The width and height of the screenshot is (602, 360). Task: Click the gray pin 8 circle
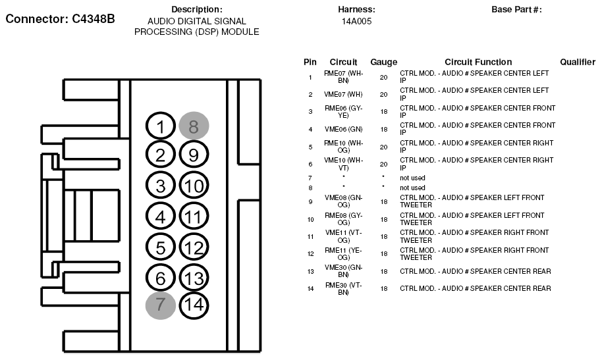tap(193, 126)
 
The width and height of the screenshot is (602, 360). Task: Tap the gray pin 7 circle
tap(161, 304)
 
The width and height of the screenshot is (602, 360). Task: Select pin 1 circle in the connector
tap(161, 126)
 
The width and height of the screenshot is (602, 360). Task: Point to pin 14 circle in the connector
tap(193, 304)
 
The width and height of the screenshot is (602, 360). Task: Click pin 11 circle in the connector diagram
tap(193, 215)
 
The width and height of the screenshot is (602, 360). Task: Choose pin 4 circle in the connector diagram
tap(161, 215)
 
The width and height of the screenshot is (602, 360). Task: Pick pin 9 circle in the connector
tap(193, 155)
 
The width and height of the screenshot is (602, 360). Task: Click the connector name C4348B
tap(61, 18)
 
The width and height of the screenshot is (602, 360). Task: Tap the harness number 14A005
tap(356, 21)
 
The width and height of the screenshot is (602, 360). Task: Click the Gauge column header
tap(383, 62)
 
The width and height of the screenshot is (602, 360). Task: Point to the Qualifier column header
tap(578, 62)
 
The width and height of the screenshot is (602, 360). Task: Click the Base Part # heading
tap(516, 10)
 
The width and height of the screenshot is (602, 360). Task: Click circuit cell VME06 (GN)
tap(343, 129)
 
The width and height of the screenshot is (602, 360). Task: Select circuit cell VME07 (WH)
tap(343, 94)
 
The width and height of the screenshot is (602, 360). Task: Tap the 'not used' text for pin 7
tap(412, 178)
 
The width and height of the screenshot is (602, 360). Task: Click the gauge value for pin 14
tap(383, 288)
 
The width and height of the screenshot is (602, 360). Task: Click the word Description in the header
tap(196, 10)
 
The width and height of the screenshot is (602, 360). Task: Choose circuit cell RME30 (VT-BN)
tap(343, 288)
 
